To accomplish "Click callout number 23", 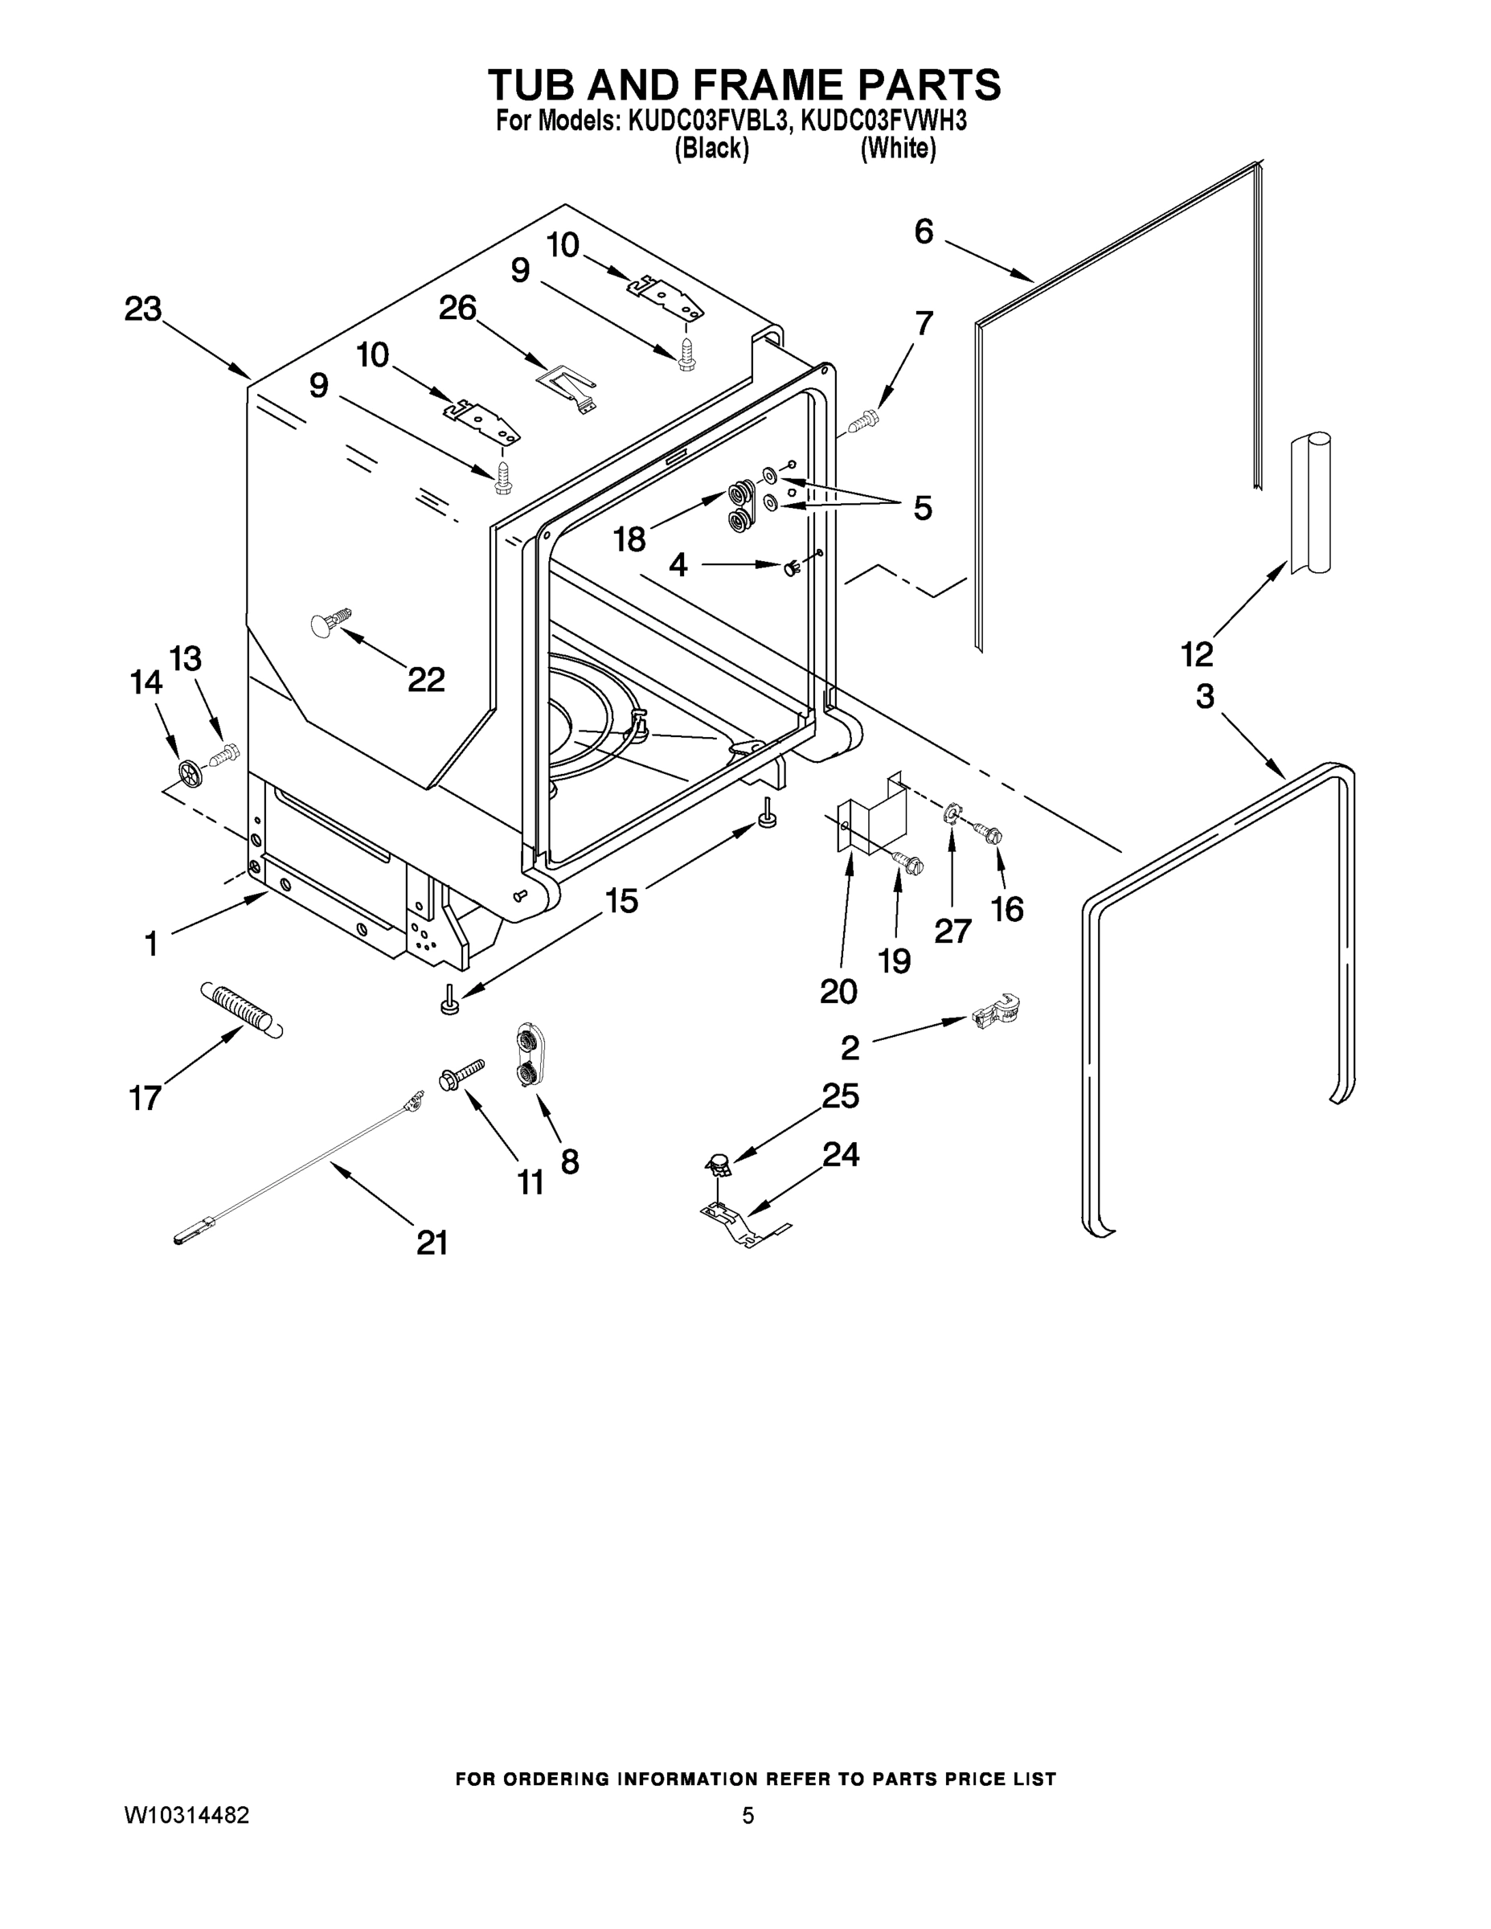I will pyautogui.click(x=143, y=310).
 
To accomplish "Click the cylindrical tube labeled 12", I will pyautogui.click(x=1309, y=503).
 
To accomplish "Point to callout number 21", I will pyautogui.click(x=432, y=1243).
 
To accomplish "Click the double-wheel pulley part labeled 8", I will pyautogui.click(x=529, y=1055).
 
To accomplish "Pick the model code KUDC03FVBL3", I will pyautogui.click(x=707, y=121).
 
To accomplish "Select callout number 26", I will pyautogui.click(x=457, y=309).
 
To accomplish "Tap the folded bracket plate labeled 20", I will pyautogui.click(x=871, y=817).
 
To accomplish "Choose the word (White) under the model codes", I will pyautogui.click(x=898, y=149).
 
